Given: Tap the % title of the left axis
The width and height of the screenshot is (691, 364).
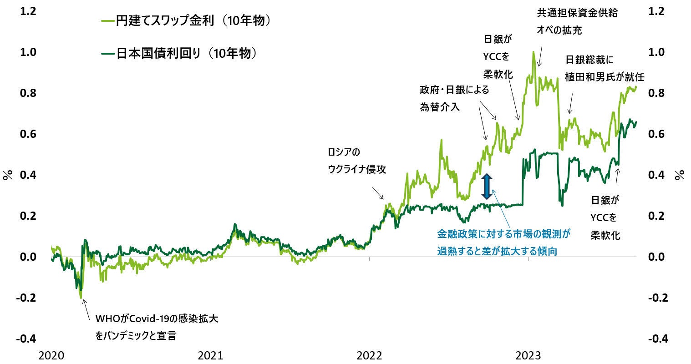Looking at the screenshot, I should [x=8, y=175].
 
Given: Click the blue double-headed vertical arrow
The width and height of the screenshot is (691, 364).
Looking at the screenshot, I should [x=487, y=187].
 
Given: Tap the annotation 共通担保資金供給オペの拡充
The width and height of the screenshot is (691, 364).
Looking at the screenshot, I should [x=577, y=22].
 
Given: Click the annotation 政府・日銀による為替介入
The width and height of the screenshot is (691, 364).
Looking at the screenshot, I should [x=454, y=98].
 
